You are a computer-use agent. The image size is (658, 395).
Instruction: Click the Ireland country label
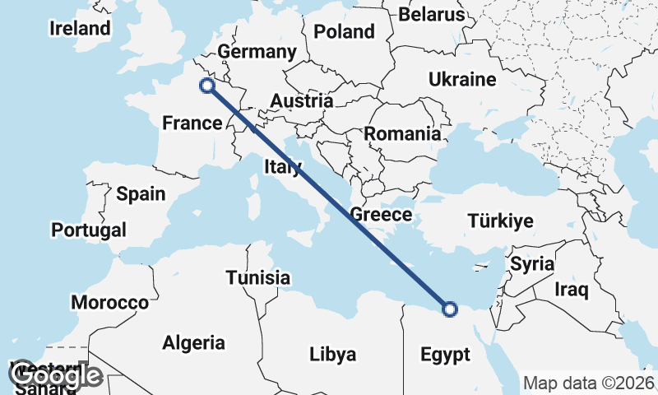click(80, 29)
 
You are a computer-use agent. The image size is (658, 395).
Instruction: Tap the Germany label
click(257, 52)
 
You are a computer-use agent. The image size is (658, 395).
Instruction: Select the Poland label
click(344, 32)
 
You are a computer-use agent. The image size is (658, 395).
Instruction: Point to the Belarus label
click(432, 14)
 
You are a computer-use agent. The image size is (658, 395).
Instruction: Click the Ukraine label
click(462, 80)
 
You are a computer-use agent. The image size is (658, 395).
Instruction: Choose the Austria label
click(302, 101)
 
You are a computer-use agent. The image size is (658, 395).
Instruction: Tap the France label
click(192, 123)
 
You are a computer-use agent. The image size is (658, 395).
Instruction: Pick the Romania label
click(403, 133)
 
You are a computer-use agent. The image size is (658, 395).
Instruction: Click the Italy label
click(283, 167)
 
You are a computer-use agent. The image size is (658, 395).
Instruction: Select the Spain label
click(141, 194)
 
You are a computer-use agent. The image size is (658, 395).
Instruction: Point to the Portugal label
click(89, 230)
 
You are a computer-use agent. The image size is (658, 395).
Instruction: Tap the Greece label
click(381, 215)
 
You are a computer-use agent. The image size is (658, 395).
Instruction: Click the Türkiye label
click(500, 221)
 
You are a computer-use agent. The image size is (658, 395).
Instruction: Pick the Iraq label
click(572, 290)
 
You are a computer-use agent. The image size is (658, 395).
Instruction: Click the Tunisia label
click(257, 277)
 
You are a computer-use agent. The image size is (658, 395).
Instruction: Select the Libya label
click(333, 355)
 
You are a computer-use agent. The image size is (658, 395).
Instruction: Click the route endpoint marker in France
click(207, 85)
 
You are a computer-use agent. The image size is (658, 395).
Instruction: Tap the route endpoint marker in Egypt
click(449, 309)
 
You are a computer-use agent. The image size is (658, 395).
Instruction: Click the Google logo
click(58, 376)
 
